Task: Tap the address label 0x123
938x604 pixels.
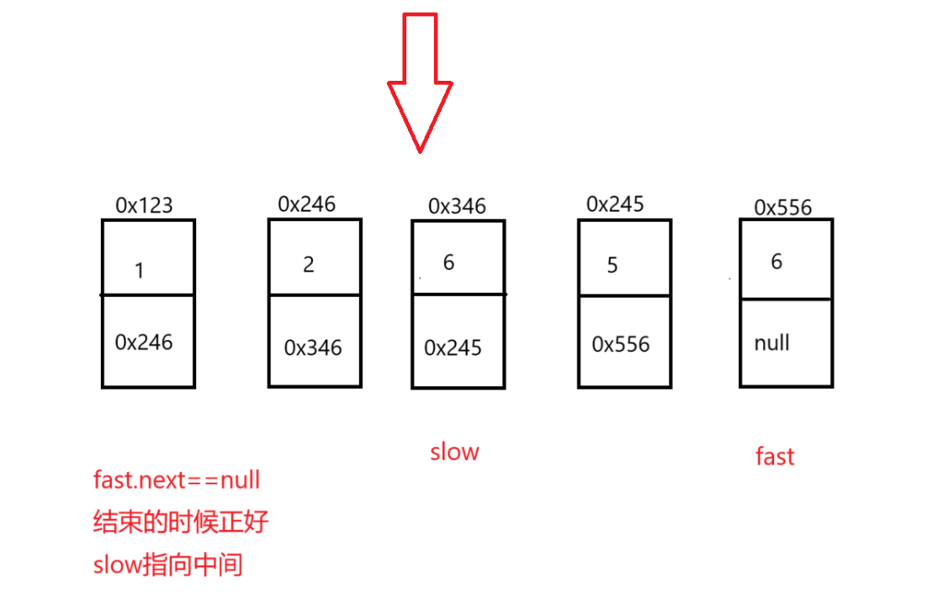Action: [x=143, y=204]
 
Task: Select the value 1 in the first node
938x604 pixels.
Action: [x=140, y=270]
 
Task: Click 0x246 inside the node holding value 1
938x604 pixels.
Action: [x=144, y=342]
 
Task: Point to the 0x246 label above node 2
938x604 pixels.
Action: [x=307, y=204]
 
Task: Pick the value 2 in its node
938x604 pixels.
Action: [x=308, y=264]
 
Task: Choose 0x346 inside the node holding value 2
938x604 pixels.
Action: [x=313, y=347]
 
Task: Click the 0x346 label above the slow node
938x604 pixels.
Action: [x=457, y=205]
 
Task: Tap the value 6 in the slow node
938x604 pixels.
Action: [x=448, y=262]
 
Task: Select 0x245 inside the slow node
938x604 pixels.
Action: [x=453, y=347]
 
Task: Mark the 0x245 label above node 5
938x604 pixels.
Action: [x=616, y=204]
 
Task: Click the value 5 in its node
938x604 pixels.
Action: [x=612, y=266]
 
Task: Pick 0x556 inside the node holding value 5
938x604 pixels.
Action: [x=621, y=344]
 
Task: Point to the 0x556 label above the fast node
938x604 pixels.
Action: [x=783, y=207]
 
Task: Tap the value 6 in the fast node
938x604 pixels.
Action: [x=776, y=262]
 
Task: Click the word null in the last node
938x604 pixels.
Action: [x=771, y=343]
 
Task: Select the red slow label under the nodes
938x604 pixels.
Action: [x=454, y=452]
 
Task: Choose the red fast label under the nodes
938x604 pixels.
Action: [x=775, y=456]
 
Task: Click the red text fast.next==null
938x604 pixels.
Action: [x=177, y=480]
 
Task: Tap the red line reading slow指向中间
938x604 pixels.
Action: [x=168, y=564]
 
